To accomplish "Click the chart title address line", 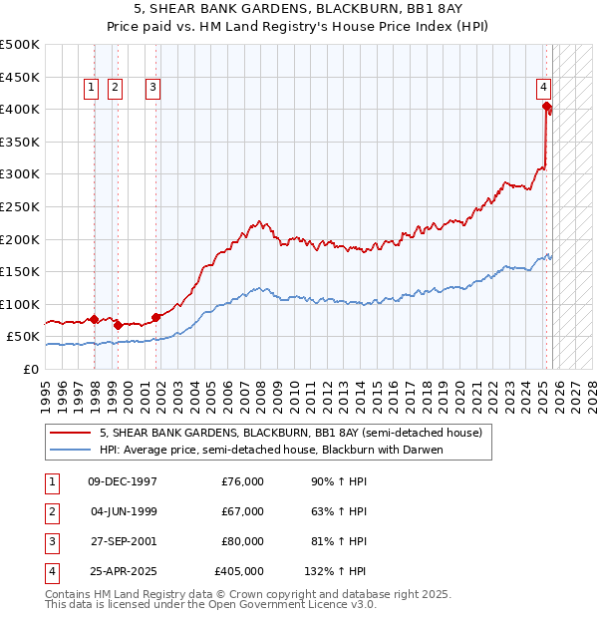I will [298, 9].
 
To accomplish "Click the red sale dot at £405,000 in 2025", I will [547, 107].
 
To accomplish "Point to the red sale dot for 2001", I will [155, 317].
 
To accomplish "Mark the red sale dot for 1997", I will [94, 320].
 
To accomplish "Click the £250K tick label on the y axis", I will [20, 206].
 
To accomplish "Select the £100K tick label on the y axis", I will [20, 304].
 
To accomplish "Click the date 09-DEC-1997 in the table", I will [123, 481].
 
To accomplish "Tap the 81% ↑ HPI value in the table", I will [338, 541].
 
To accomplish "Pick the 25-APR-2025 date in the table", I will [123, 571].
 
